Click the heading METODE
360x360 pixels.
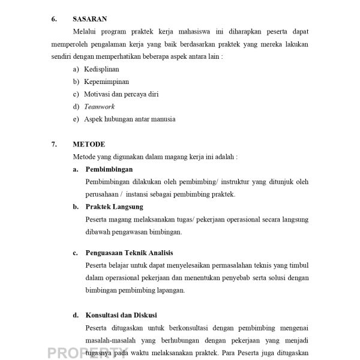89,144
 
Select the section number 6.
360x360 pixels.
54,19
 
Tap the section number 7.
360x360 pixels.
54,144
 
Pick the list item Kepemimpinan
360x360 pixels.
107,82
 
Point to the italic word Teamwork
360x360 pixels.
100,106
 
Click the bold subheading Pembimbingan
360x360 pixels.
109,169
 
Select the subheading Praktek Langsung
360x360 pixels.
114,207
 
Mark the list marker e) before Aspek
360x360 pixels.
76,119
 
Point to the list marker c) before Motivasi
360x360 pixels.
76,94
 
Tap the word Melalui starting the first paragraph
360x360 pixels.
85,31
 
